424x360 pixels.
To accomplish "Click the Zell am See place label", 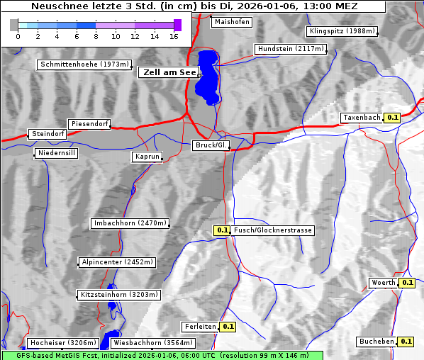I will (168, 72).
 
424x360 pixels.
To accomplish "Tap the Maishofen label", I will (231, 22).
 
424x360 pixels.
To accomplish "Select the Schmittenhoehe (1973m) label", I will (84, 64).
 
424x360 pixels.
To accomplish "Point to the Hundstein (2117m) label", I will (291, 49).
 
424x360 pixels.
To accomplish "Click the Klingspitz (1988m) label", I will (342, 31).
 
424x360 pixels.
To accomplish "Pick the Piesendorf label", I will (89, 124).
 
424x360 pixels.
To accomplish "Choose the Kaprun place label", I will (147, 157).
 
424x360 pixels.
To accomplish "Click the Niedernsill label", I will (57, 153).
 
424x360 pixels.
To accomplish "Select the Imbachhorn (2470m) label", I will (130, 223).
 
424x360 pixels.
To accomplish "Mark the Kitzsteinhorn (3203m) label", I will (118, 294).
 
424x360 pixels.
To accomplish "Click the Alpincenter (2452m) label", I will (117, 262).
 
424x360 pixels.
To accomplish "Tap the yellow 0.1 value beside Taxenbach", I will (392, 118).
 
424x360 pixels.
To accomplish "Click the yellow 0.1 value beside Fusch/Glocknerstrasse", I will (223, 230).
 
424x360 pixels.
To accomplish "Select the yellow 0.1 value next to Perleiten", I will (228, 327).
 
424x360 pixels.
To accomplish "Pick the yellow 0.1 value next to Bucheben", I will (406, 341).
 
